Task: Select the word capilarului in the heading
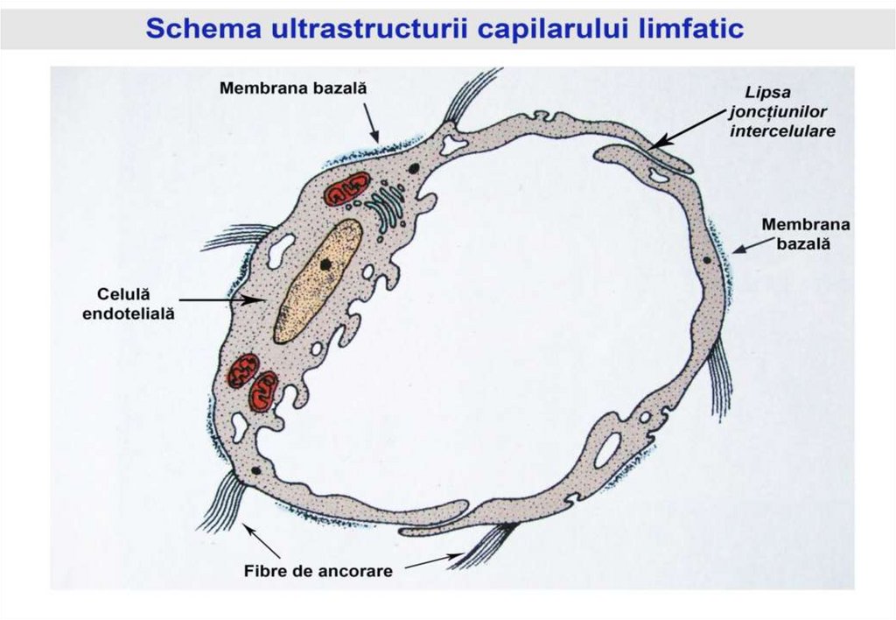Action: pos(543,29)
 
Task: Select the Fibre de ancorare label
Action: pos(318,571)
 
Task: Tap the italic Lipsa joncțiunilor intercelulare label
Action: pos(781,111)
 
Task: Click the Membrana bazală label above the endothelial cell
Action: pos(291,88)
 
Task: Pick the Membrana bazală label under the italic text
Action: pos(804,233)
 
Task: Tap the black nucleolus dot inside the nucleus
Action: pos(325,263)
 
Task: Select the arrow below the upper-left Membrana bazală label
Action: pos(372,122)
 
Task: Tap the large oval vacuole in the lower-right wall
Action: pos(608,448)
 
